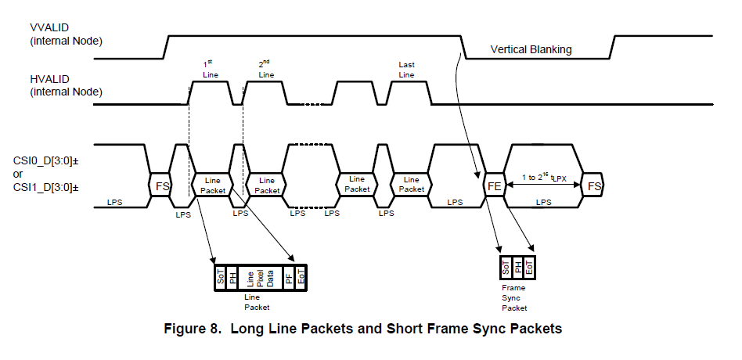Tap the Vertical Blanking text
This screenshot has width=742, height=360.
click(531, 49)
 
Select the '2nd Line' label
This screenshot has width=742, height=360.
click(266, 69)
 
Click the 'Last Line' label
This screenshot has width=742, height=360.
click(406, 69)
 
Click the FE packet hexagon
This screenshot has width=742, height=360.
click(494, 186)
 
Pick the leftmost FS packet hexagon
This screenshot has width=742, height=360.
click(160, 186)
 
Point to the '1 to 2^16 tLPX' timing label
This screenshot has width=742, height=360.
click(545, 178)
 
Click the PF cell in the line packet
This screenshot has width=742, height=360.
click(289, 279)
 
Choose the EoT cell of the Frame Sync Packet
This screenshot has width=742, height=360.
click(529, 267)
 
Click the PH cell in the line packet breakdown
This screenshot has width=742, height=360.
click(232, 279)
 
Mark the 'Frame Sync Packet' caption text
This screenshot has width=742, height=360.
click(514, 298)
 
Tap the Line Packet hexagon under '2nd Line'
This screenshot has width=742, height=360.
click(267, 185)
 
